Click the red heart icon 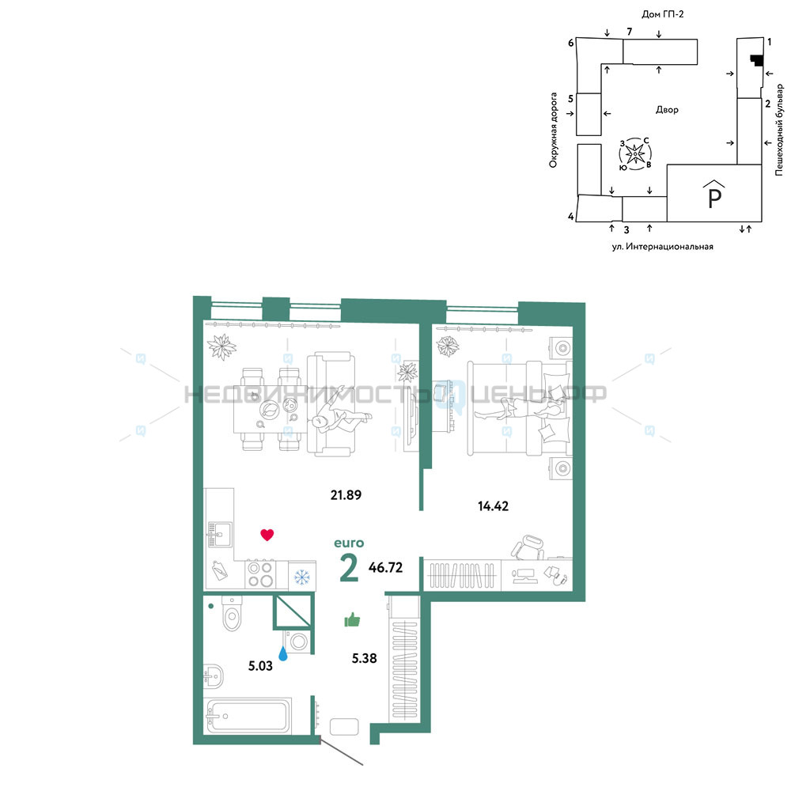coord(267,535)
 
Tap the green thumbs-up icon coord(352,619)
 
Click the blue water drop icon coord(283,654)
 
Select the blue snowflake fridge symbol coord(301,577)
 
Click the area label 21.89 coord(346,495)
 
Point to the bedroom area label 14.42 coord(493,506)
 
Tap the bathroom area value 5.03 coord(260,666)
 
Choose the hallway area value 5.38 coord(364,658)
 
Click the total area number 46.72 coord(385,567)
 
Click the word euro coord(349,543)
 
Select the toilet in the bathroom coord(232,613)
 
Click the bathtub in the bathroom coord(248,715)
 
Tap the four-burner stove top coord(260,574)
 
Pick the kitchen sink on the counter coord(220,534)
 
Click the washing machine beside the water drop coord(299,642)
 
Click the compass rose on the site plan coord(635,153)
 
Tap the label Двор coord(667,109)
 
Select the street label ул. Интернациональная coord(662,247)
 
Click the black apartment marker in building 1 coord(755,60)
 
